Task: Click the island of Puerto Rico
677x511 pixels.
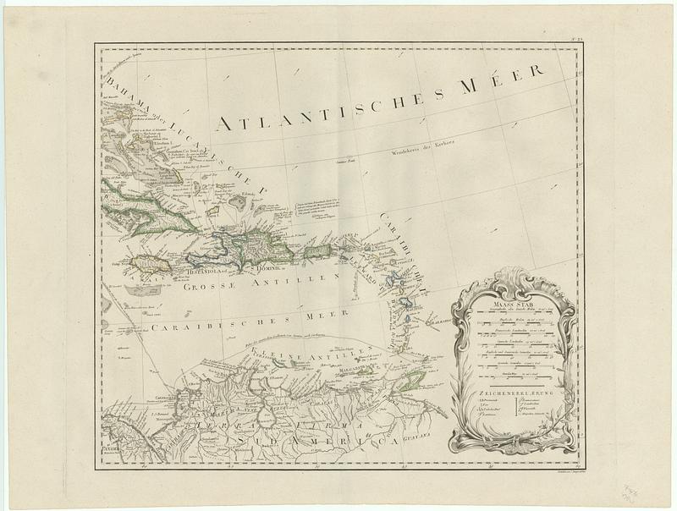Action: [x=316, y=251]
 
